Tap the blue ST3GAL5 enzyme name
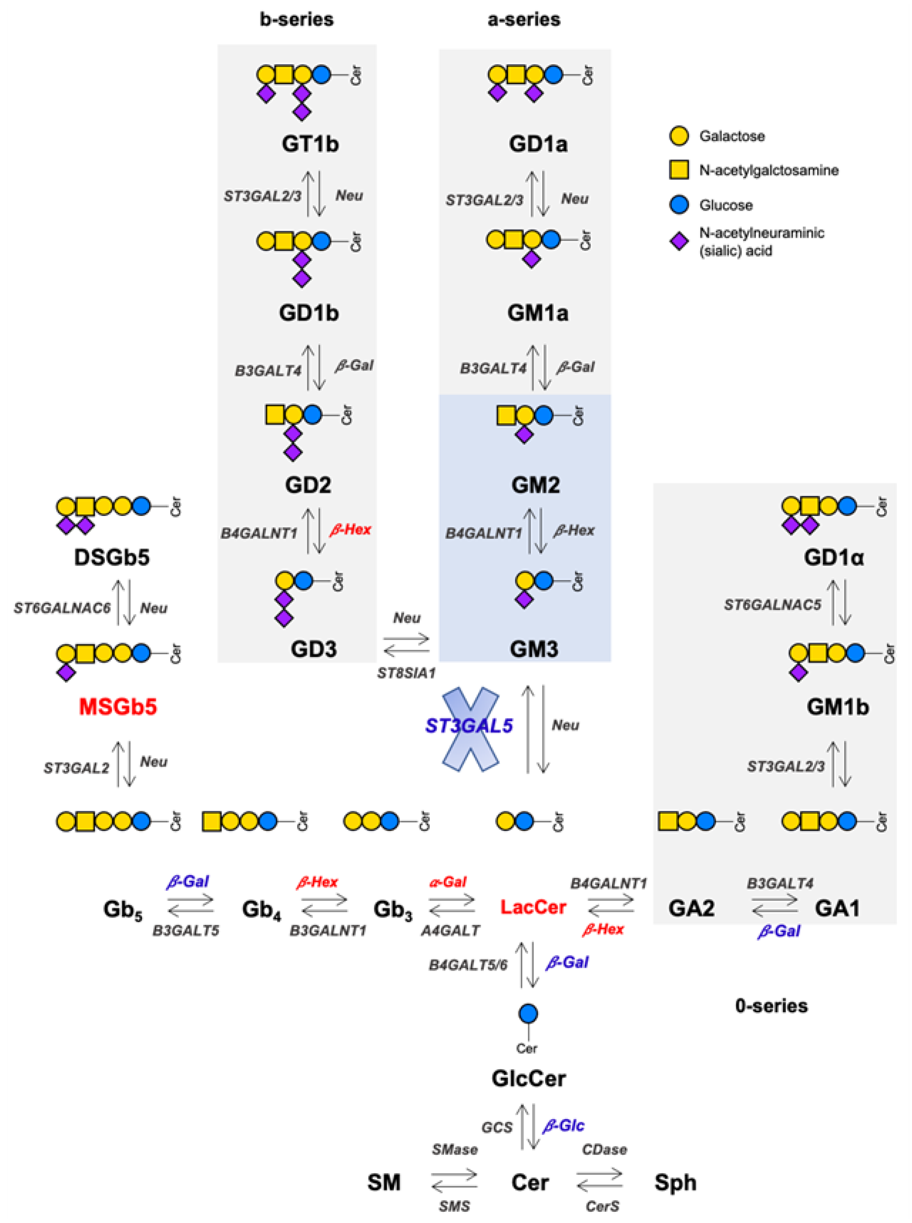(469, 725)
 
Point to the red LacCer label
(533, 907)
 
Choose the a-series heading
(524, 20)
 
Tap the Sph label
(675, 1182)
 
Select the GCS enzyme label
(497, 1127)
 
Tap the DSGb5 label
(112, 557)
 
